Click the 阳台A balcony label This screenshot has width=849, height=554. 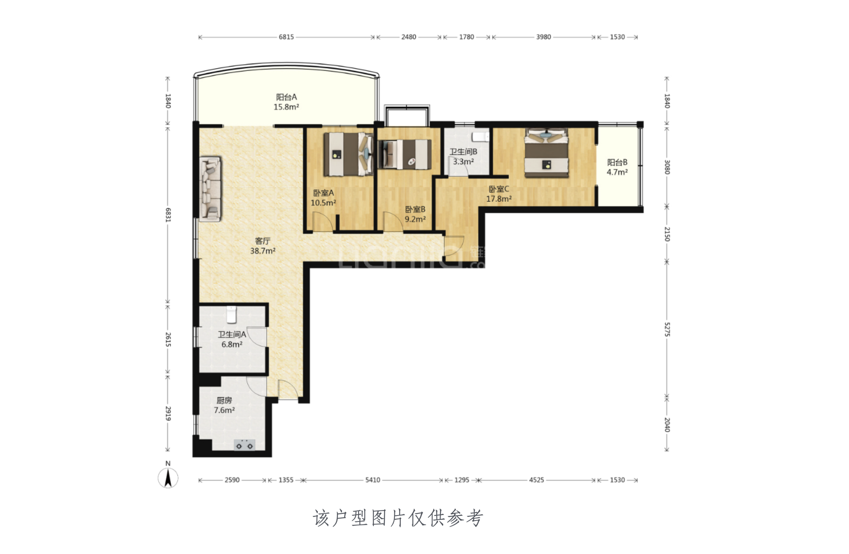point(286,97)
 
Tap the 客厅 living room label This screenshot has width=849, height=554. point(262,241)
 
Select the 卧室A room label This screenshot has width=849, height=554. point(323,193)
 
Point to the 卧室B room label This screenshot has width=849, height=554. point(415,209)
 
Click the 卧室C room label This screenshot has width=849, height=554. point(499,189)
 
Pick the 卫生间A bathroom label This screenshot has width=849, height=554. point(232,335)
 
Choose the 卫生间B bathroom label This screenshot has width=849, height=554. point(463,151)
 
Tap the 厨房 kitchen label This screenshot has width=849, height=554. point(224,400)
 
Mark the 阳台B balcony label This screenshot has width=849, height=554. point(617,162)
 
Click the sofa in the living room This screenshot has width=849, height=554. point(210,189)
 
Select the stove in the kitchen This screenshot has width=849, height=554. point(245,445)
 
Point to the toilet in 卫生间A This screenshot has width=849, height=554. point(231,314)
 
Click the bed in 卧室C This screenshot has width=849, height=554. point(546,153)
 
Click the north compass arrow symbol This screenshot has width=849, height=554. point(168,479)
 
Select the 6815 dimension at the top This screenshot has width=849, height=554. point(286,37)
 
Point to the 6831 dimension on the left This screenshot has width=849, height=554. point(168,215)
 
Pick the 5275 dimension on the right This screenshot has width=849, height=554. point(667,330)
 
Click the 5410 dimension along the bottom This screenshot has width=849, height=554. point(372,480)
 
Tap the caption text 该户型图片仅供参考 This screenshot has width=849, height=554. point(398,518)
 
